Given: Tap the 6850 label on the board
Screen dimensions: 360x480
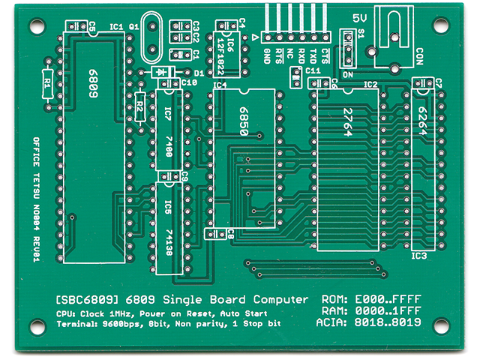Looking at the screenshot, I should point(242,118).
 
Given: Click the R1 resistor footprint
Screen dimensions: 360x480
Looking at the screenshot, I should point(46,82).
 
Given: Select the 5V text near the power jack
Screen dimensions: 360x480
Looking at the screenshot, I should point(361,17).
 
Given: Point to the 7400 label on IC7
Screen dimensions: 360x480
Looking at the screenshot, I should point(167,146).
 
